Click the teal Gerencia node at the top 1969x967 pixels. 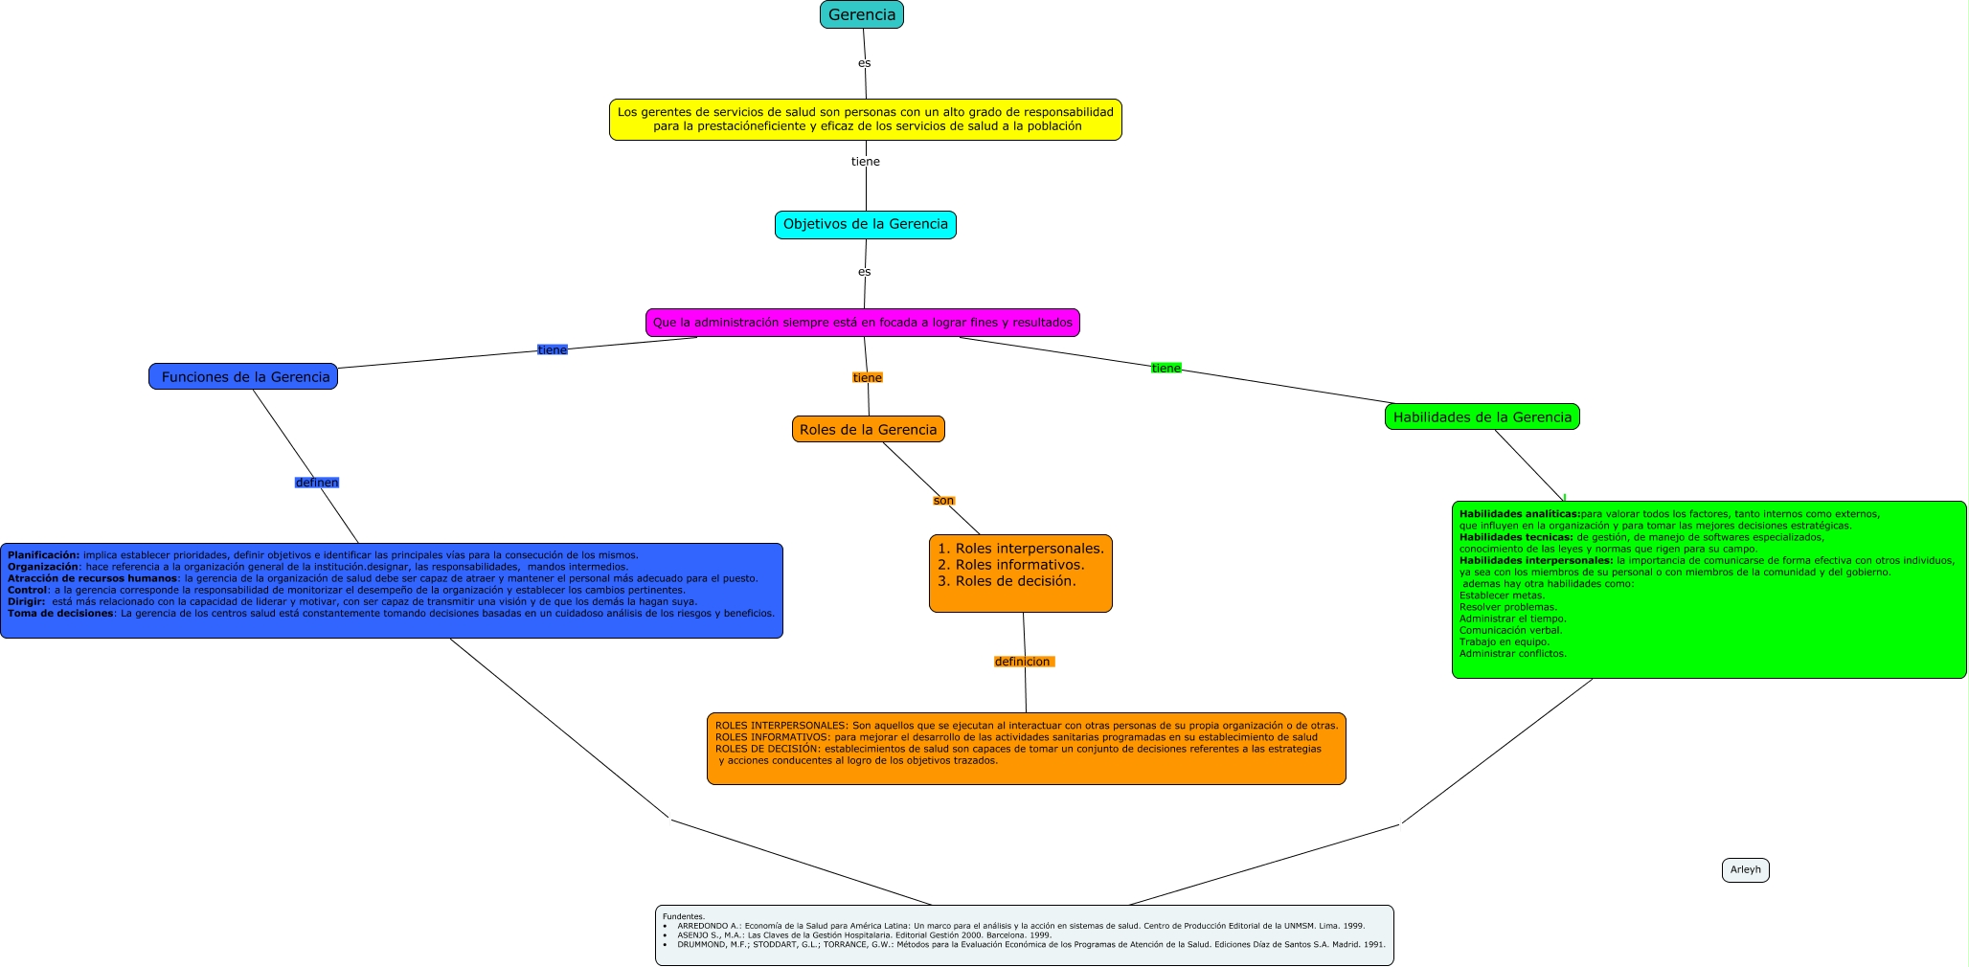pyautogui.click(x=862, y=14)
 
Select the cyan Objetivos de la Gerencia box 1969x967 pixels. pyautogui.click(x=866, y=225)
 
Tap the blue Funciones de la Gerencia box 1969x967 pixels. pyautogui.click(x=243, y=376)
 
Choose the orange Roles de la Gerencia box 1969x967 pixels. pyautogui.click(x=869, y=429)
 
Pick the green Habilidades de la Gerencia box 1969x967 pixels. pyautogui.click(x=1482, y=416)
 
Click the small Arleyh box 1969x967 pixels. pyautogui.click(x=1746, y=870)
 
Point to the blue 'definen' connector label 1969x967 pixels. pyautogui.click(x=317, y=483)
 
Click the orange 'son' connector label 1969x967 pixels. pyautogui.click(x=944, y=501)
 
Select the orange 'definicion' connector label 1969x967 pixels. pyautogui.click(x=1023, y=662)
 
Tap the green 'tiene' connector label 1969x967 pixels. pyautogui.click(x=1166, y=369)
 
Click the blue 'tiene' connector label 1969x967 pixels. pyautogui.click(x=553, y=350)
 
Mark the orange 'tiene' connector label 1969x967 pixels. pyautogui.click(x=868, y=378)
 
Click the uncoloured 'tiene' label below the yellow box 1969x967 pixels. pyautogui.click(x=866, y=162)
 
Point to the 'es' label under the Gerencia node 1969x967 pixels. pyautogui.click(x=865, y=63)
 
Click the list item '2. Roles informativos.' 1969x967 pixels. pyautogui.click(x=1010, y=565)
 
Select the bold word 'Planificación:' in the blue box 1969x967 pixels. pyautogui.click(x=44, y=555)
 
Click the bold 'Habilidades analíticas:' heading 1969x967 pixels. pyautogui.click(x=1520, y=514)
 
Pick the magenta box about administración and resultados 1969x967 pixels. pyautogui.click(x=863, y=323)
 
